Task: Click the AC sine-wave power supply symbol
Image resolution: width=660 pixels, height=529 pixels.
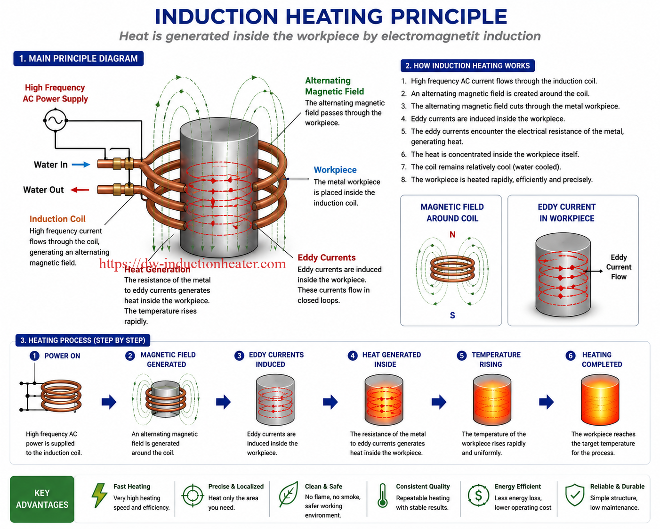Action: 55,120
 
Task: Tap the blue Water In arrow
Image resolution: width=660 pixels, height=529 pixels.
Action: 81,165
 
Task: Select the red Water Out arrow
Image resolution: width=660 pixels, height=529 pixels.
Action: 80,190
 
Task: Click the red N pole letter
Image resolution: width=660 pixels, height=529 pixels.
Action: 452,235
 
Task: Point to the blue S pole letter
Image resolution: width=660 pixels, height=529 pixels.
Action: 452,315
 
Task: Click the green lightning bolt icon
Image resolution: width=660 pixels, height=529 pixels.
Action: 99,495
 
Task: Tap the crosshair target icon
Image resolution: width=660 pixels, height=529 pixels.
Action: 193,495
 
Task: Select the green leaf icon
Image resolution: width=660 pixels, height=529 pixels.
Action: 289,494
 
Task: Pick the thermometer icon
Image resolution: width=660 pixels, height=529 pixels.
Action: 382,495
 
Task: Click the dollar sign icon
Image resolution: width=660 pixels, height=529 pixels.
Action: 478,495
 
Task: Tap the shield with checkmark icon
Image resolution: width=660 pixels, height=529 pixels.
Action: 575,495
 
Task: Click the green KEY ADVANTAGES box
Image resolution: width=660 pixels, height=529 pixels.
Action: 42,499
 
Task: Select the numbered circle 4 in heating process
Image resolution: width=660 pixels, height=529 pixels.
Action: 353,356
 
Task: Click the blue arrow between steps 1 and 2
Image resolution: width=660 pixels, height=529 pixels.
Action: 109,402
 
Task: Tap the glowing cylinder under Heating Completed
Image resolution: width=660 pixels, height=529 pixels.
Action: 600,399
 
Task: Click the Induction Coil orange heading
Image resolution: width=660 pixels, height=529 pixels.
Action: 57,219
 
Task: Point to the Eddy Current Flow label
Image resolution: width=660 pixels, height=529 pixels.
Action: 619,267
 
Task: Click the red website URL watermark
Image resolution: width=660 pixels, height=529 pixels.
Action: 192,264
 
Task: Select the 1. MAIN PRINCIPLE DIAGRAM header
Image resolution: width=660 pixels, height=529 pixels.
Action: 78,58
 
